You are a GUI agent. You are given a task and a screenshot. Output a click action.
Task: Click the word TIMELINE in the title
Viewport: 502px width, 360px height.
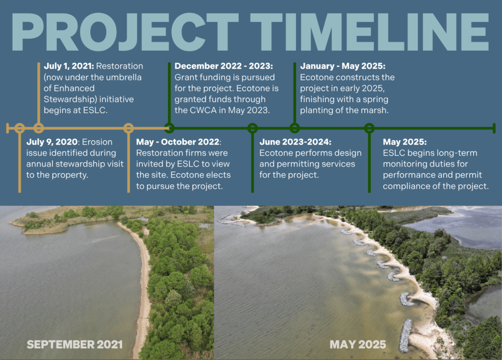coord(370,32)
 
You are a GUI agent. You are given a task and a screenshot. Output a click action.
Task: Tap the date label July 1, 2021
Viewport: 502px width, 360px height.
coord(69,66)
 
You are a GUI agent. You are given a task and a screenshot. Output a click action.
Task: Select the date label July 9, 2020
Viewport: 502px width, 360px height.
coord(52,142)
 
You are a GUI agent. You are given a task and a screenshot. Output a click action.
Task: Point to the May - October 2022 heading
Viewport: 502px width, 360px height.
coord(178,142)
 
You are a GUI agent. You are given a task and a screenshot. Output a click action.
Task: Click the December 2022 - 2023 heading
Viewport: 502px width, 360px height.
coord(224,66)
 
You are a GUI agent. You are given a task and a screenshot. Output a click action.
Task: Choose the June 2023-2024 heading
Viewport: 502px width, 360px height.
coord(295,142)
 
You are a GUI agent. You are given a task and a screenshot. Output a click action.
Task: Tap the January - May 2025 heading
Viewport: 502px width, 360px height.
coord(343,66)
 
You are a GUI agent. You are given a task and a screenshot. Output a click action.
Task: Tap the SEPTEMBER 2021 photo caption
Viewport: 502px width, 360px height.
coord(75,344)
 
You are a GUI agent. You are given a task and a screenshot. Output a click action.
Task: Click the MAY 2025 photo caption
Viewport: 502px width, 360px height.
coord(357,344)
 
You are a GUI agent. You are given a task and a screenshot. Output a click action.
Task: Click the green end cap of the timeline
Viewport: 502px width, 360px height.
coord(494,128)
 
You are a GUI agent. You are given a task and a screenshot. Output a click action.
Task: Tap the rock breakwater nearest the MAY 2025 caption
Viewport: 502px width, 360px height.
coord(405,336)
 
